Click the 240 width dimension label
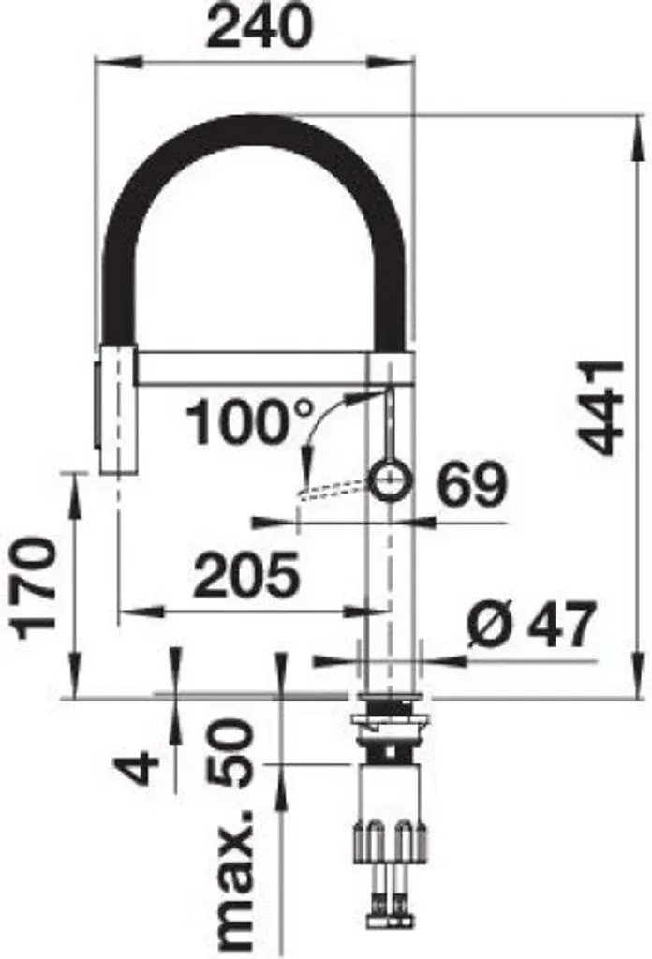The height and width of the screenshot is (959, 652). [x=259, y=26]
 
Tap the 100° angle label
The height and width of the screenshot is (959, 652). [x=249, y=422]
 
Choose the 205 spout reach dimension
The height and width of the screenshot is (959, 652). [x=246, y=576]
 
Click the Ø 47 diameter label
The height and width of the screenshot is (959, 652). [x=530, y=625]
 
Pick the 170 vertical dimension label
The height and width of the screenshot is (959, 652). [x=35, y=587]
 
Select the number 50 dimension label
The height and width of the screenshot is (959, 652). [x=230, y=752]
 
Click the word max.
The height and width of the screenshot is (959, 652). [x=233, y=881]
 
